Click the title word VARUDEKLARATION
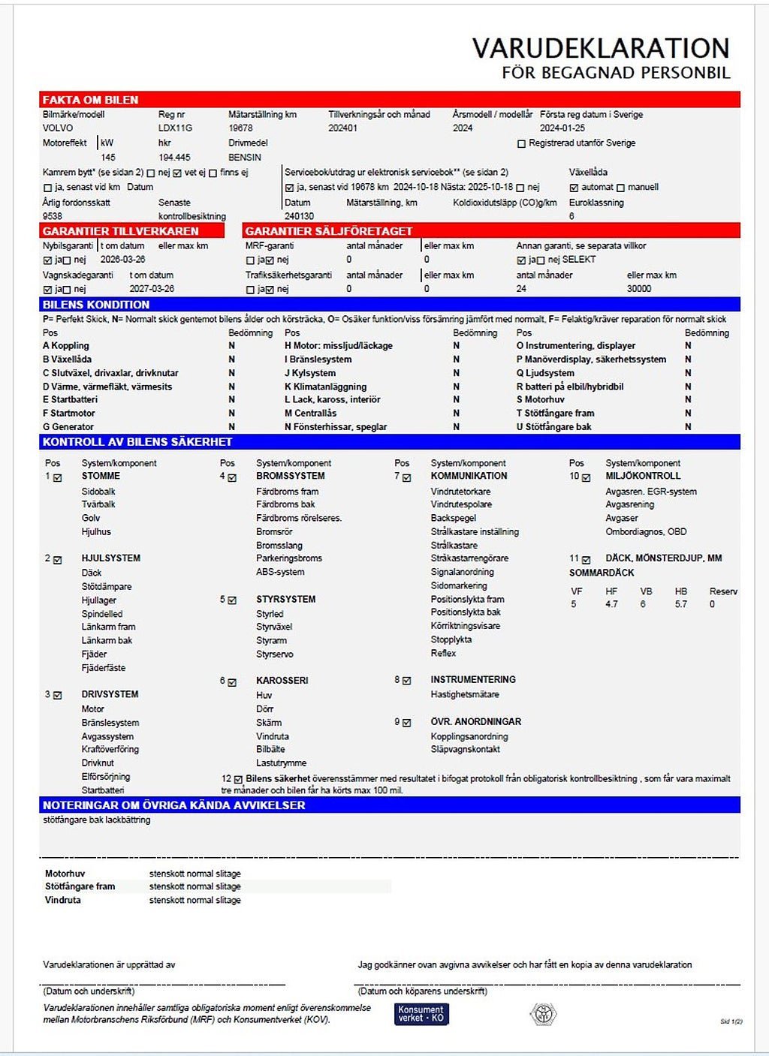pos(601,49)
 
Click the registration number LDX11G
pos(175,128)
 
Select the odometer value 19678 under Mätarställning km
pos(240,128)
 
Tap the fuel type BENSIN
pos(245,158)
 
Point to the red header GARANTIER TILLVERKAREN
pos(120,231)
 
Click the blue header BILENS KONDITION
pos(96,305)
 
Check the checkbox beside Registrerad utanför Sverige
pos(521,143)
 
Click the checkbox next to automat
pos(574,188)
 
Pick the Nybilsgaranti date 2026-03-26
pos(122,260)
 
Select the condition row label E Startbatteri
pos(70,400)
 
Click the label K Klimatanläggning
pos(325,387)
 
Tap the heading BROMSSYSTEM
pos(291,476)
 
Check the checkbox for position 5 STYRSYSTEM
pos(232,600)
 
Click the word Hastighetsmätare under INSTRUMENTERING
pos(465,695)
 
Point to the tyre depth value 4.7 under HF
pos(611,604)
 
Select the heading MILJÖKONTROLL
pos(643,476)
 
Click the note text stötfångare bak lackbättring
pos(96,820)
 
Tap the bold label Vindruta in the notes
pos(62,900)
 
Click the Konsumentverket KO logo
pos(421,1014)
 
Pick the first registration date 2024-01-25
pos(562,128)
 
